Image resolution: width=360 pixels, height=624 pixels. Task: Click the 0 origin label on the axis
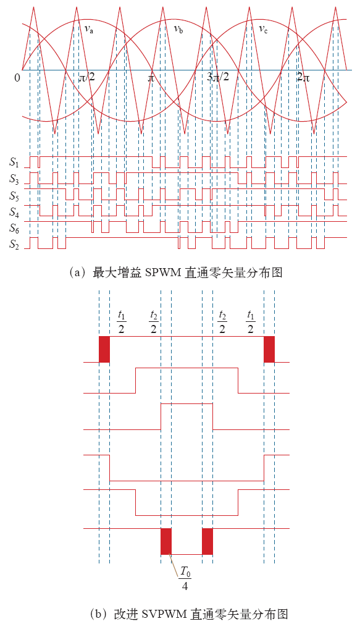click(x=17, y=78)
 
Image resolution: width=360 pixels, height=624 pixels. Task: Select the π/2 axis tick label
click(x=87, y=77)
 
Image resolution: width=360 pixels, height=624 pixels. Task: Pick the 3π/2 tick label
click(x=219, y=77)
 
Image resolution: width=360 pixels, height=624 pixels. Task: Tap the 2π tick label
click(x=303, y=78)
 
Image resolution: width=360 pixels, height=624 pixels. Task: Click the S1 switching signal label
click(x=14, y=162)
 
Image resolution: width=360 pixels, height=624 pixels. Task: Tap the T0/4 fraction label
click(x=185, y=578)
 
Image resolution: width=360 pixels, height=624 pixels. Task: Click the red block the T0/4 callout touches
click(x=166, y=541)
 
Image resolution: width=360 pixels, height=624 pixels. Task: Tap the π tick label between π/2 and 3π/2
click(x=151, y=78)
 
